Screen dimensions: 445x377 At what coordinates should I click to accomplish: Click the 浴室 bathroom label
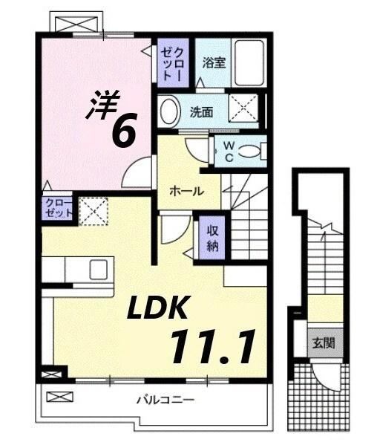pos(215,62)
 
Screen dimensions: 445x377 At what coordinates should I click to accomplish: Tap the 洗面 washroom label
pos(201,113)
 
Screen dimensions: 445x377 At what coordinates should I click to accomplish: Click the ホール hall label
pos(187,191)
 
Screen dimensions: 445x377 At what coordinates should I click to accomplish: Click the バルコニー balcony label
pos(165,400)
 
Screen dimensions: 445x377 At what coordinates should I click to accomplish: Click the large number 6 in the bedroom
pos(122,131)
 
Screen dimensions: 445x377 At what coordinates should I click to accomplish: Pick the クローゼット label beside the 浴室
pos(175,62)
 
